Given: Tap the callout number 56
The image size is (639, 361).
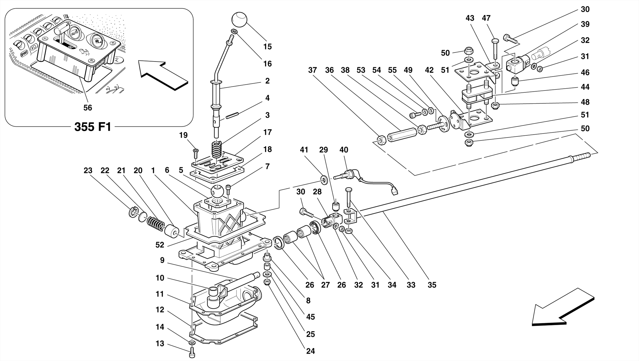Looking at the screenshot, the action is [x=88, y=108].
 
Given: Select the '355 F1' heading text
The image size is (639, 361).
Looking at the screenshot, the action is [x=93, y=127].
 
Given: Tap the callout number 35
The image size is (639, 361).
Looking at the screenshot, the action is [x=432, y=285].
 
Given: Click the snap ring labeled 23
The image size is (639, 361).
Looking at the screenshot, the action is [x=133, y=212].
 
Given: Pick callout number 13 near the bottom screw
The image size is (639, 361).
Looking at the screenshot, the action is [x=160, y=344].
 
